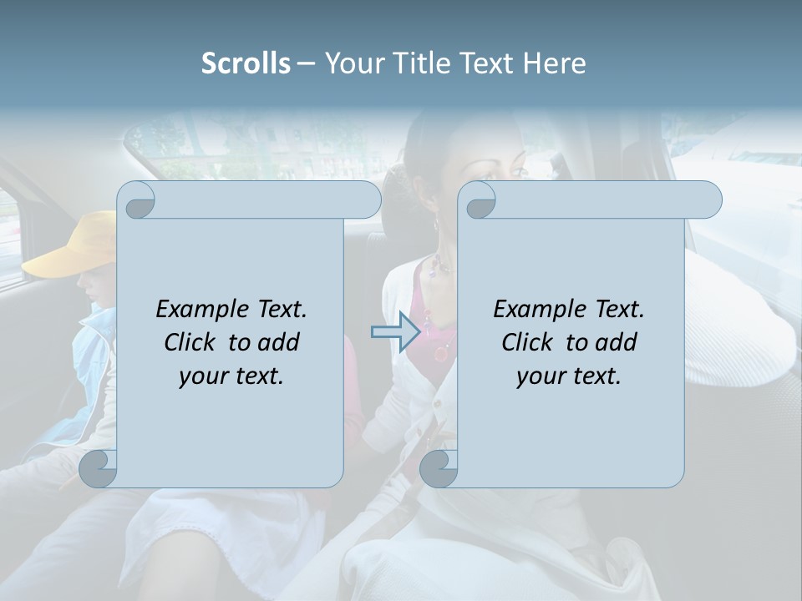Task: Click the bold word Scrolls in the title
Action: (246, 63)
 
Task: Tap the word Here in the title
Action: (555, 63)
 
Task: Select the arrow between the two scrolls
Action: (394, 332)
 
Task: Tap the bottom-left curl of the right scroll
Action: (439, 468)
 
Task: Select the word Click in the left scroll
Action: (182, 343)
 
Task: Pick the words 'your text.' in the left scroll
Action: (231, 376)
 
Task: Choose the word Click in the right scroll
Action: (520, 343)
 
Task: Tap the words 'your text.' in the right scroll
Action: (569, 376)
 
